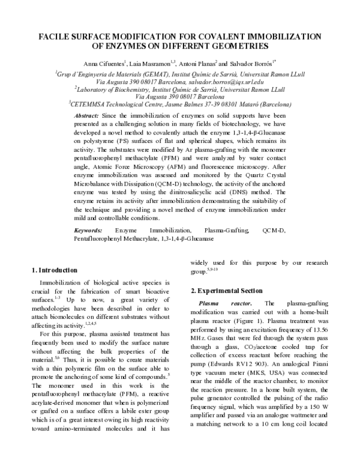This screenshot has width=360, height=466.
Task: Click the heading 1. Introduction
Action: [x=54, y=270]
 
